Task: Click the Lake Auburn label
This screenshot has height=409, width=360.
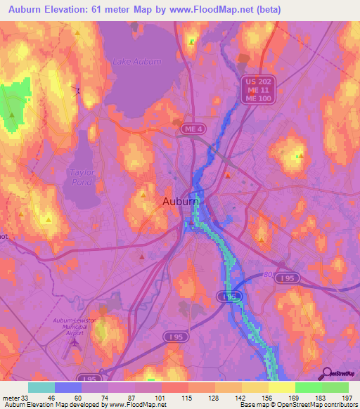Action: pyautogui.click(x=137, y=61)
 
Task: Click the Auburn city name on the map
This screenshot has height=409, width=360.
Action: pyautogui.click(x=181, y=202)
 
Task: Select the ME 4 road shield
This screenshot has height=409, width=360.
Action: pyautogui.click(x=181, y=129)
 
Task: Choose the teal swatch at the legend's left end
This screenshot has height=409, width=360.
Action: pyautogui.click(x=41, y=387)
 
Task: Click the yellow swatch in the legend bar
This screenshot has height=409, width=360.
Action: pyautogui.click(x=281, y=387)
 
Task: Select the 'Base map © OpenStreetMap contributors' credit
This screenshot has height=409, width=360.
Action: pyautogui.click(x=295, y=404)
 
